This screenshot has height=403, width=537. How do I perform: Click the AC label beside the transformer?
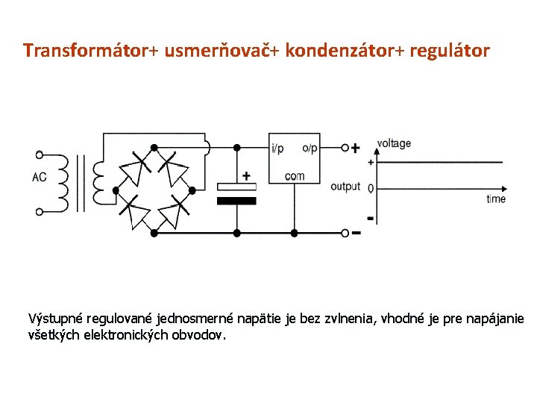pos(40,178)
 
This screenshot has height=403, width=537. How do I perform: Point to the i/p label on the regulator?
pos(277,149)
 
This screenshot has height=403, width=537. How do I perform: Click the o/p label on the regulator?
pos(309,149)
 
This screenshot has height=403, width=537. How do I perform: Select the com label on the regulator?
pos(295,177)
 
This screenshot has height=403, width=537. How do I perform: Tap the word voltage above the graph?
pos(394,143)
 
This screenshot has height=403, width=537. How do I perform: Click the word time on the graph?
pos(496,199)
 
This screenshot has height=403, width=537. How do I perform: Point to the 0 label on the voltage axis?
pos(371,189)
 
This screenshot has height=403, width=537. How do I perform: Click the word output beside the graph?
pos(345,186)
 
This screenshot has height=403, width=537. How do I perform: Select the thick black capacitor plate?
pos(236,201)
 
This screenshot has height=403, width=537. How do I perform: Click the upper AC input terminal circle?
pos(39,155)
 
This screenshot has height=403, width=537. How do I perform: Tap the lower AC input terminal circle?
pos(39,212)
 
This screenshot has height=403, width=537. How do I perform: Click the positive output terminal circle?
pos(345,148)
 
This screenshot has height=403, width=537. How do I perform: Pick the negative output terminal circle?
pos(345,233)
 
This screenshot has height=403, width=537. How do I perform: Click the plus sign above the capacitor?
pos(245,176)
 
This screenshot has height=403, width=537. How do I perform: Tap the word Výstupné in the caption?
pos(53,319)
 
